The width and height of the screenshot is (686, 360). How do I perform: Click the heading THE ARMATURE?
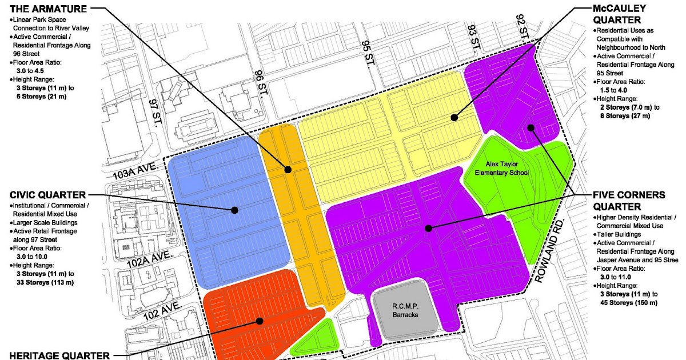[x=45, y=9]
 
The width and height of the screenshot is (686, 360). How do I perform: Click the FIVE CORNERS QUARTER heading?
[x=628, y=201]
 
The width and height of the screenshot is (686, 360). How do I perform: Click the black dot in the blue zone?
[x=234, y=210]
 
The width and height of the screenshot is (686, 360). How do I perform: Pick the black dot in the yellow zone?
[x=454, y=118]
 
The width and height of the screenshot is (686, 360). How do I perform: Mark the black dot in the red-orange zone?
[x=260, y=321]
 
